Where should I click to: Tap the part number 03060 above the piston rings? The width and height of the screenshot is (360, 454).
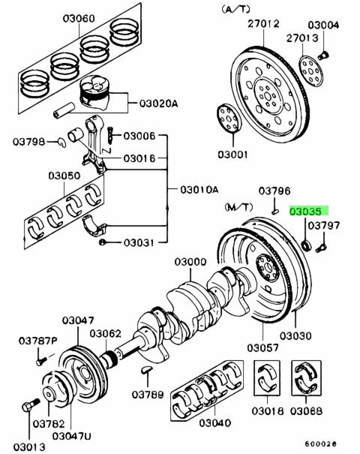pyautogui.click(x=79, y=19)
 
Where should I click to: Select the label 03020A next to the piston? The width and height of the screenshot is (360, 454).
pyautogui.click(x=158, y=104)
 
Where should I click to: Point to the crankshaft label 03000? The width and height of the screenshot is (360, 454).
pyautogui.click(x=190, y=262)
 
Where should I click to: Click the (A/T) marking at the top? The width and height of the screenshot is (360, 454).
pyautogui.click(x=235, y=9)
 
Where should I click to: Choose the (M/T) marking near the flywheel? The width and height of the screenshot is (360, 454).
pyautogui.click(x=238, y=206)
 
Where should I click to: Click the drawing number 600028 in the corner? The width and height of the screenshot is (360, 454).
pyautogui.click(x=321, y=443)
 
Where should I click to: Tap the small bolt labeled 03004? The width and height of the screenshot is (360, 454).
pyautogui.click(x=322, y=55)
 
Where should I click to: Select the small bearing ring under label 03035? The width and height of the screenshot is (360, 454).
pyautogui.click(x=306, y=245)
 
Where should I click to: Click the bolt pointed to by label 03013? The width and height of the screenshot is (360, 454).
pyautogui.click(x=31, y=404)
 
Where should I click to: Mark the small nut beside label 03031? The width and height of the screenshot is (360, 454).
pyautogui.click(x=102, y=242)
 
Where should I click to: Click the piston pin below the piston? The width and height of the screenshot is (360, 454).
pyautogui.click(x=64, y=110)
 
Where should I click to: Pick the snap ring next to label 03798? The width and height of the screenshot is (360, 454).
pyautogui.click(x=62, y=142)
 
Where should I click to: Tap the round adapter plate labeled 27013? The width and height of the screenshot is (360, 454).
pyautogui.click(x=310, y=71)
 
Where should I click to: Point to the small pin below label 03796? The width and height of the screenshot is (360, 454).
pyautogui.click(x=275, y=212)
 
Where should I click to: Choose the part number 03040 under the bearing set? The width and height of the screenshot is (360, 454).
pyautogui.click(x=214, y=423)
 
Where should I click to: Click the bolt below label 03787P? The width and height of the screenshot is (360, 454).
pyautogui.click(x=41, y=361)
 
